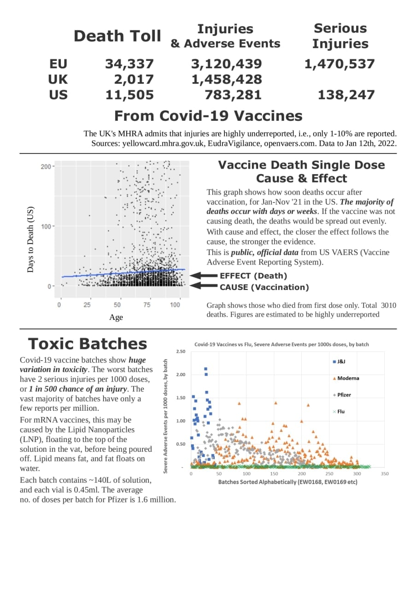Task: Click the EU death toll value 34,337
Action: pyautogui.click(x=129, y=64)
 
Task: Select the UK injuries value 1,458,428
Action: pyautogui.click(x=226, y=79)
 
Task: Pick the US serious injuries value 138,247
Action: pyautogui.click(x=346, y=95)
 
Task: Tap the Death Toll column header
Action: pyautogui.click(x=117, y=36)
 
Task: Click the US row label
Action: pyautogui.click(x=58, y=95)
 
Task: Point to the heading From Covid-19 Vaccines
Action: pyautogui.click(x=208, y=116)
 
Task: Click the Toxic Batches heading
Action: pyautogui.click(x=88, y=344)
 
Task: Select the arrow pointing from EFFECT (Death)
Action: pyautogui.click(x=203, y=276)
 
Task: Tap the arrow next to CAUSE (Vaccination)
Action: pyautogui.click(x=203, y=286)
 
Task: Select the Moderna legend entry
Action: pyautogui.click(x=348, y=378)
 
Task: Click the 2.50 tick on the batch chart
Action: pyautogui.click(x=181, y=351)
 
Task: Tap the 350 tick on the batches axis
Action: pyautogui.click(x=385, y=474)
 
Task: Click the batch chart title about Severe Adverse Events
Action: pyautogui.click(x=282, y=344)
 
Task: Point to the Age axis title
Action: pyautogui.click(x=116, y=317)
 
